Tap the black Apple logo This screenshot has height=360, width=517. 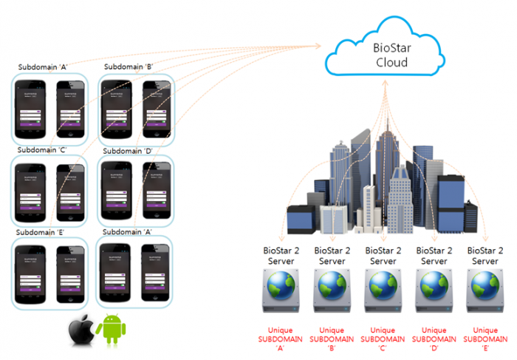[x=81, y=332]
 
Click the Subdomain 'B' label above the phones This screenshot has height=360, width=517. [x=128, y=67]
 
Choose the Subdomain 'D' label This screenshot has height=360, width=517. [x=128, y=152]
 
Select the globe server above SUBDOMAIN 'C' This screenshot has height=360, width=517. [x=383, y=289]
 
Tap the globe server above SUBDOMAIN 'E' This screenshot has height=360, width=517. [x=485, y=289]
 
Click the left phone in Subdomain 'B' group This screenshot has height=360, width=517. [x=114, y=109]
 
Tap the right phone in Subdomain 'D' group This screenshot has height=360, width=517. [x=157, y=191]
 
